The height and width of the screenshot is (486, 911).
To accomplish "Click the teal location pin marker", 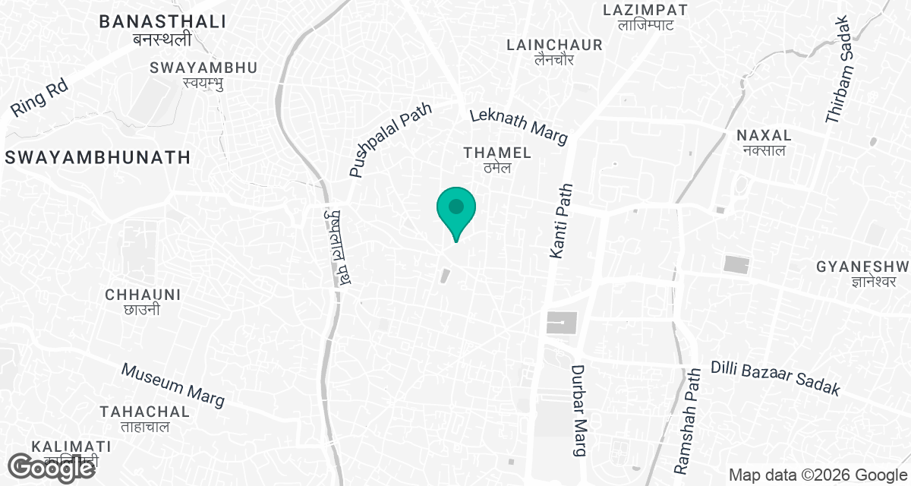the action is [x=455, y=210].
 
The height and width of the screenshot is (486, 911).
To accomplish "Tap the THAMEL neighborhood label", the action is [x=497, y=153].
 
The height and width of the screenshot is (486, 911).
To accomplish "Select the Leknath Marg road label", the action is [x=519, y=126].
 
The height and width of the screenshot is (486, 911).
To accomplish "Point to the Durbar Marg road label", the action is [x=580, y=411].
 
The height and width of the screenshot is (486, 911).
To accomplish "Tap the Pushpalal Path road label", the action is [x=391, y=140].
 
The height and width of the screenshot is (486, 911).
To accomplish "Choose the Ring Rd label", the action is [x=39, y=98].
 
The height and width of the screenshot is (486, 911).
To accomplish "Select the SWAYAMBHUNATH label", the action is [x=96, y=157].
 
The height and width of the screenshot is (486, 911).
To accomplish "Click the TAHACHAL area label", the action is [x=144, y=412].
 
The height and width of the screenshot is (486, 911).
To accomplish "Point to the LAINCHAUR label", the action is [x=554, y=46].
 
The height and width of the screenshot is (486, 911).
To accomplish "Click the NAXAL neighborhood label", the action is [x=764, y=135].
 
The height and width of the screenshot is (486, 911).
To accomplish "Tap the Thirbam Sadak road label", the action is [x=841, y=69].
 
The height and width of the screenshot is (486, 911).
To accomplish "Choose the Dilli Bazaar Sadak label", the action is [x=776, y=377].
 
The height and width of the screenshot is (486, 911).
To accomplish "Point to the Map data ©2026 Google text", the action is [x=817, y=475].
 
